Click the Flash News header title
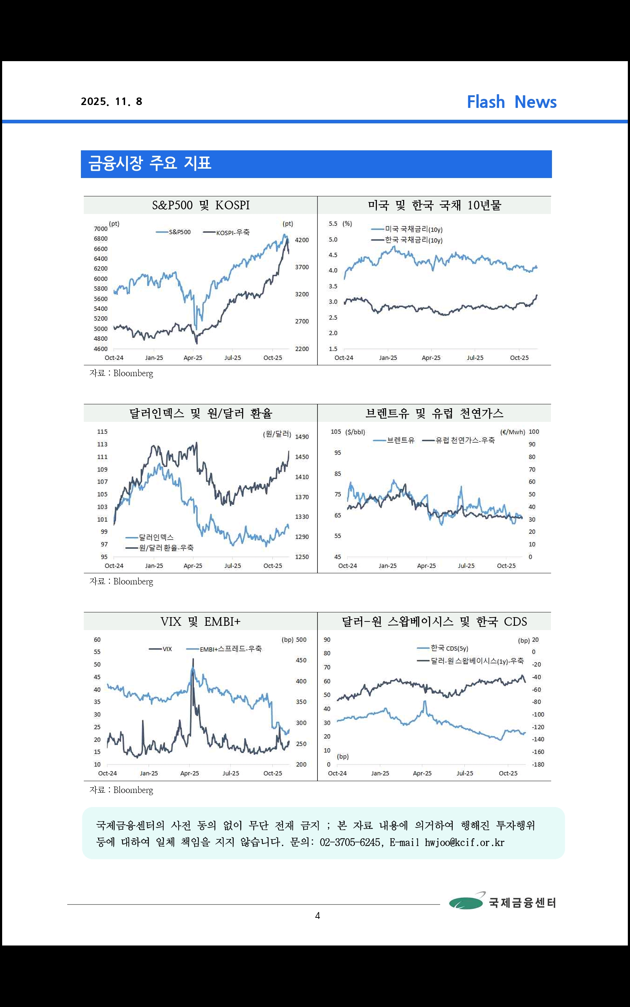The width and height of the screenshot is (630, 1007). coord(511,102)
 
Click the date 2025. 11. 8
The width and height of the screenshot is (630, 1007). coord(112,102)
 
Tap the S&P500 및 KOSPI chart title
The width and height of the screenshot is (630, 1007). coord(200,205)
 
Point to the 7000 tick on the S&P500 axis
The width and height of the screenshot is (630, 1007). coord(100,229)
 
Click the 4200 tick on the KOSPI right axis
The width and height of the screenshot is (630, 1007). coord(302,240)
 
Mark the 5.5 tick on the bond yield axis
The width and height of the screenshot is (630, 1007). coord(333,224)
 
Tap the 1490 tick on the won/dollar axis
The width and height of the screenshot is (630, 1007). coord(302,437)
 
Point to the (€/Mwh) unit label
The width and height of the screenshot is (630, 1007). coord(512,432)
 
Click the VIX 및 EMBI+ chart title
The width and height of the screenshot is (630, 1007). coord(200,621)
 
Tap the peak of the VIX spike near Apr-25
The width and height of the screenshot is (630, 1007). coord(193,659)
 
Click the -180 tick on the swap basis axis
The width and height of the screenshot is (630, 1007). coord(538,765)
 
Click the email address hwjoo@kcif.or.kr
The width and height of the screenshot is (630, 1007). coord(464,842)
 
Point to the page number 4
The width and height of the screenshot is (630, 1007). coord(318,915)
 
